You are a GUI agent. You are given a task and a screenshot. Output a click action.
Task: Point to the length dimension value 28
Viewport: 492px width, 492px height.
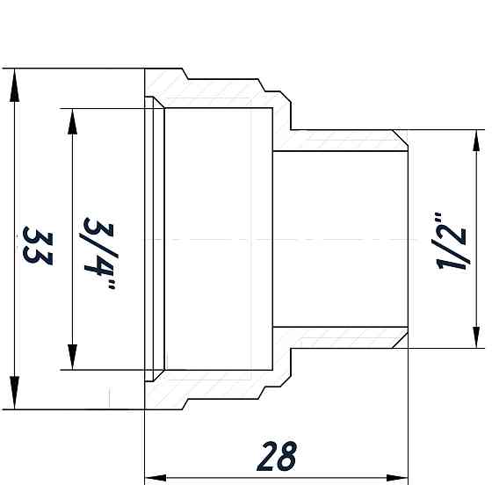[277, 456]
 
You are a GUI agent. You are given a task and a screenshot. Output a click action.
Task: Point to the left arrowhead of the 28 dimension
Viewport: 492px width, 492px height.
[152, 477]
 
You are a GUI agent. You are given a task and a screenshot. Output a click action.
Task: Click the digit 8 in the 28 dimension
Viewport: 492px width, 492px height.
[287, 456]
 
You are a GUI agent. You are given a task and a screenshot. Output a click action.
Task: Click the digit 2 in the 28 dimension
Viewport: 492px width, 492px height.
[265, 456]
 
